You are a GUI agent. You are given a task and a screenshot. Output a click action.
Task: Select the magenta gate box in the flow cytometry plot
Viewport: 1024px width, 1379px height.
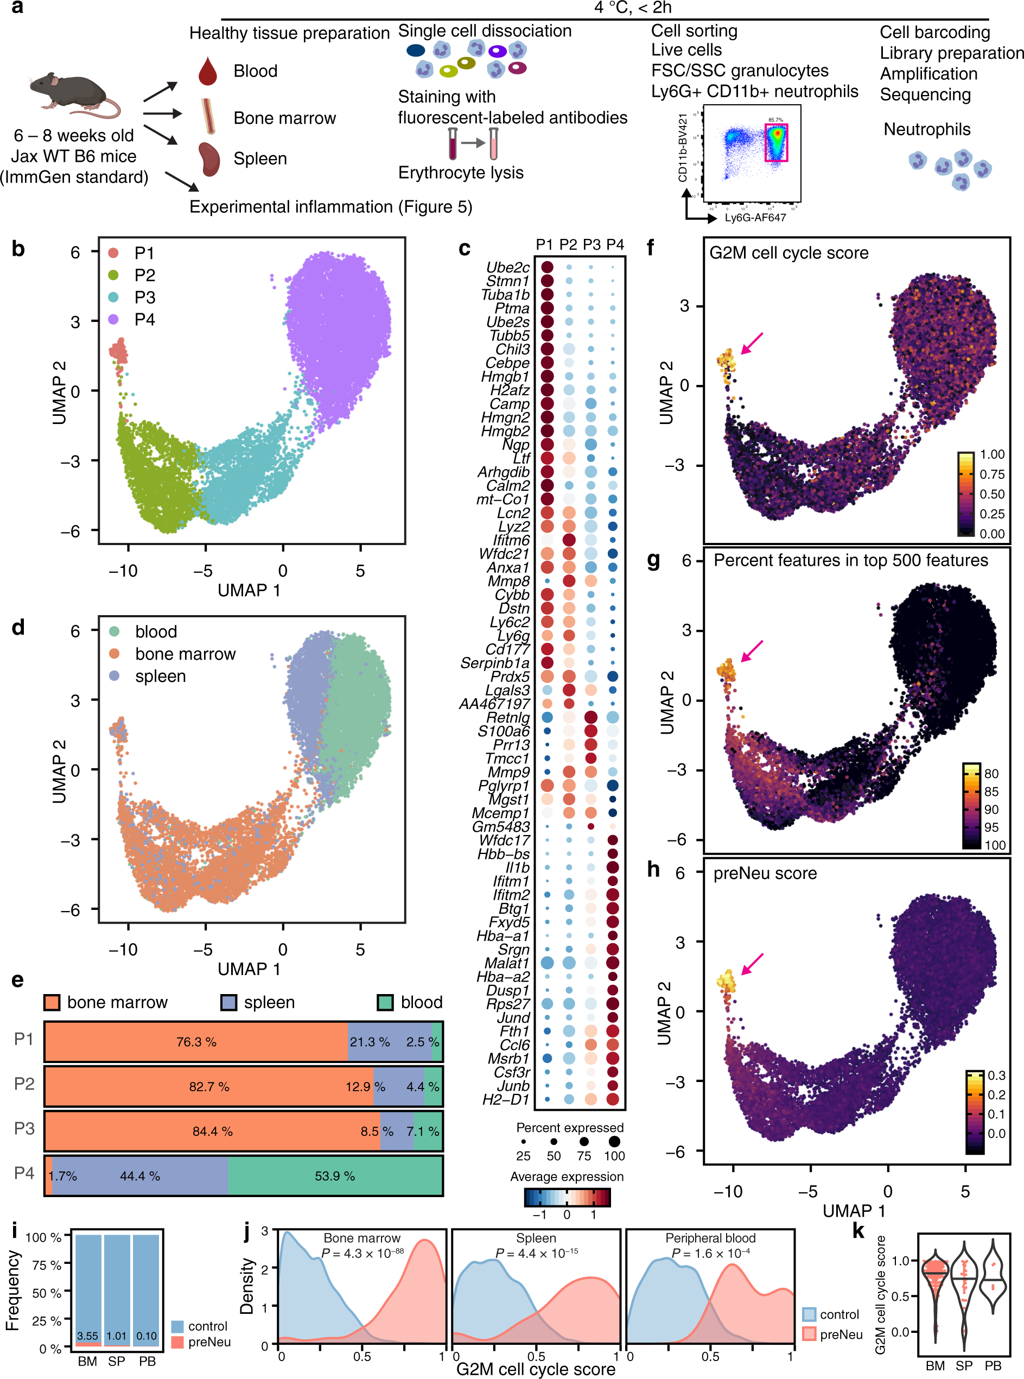point(776,143)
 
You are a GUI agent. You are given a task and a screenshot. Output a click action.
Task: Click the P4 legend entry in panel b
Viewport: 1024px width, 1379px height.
point(144,319)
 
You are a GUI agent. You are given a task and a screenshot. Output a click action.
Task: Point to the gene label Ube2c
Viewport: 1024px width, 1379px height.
point(508,267)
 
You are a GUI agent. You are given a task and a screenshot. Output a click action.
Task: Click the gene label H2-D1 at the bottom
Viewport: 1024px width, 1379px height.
point(506,1099)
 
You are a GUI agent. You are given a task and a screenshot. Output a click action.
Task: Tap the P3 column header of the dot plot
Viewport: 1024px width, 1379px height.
point(591,245)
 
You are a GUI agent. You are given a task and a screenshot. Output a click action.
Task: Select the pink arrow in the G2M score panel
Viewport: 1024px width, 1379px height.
point(752,343)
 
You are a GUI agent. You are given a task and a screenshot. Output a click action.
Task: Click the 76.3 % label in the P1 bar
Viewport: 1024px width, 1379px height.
point(196,1042)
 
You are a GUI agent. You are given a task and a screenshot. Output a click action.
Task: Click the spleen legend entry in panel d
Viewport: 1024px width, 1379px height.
point(160,676)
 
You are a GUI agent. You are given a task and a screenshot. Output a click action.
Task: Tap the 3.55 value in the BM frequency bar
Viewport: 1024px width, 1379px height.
point(87,1336)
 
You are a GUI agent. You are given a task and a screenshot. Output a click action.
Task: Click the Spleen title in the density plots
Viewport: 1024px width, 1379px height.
point(536,1238)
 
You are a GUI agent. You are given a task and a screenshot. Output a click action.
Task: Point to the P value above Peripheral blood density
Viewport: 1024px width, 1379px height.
point(710,1253)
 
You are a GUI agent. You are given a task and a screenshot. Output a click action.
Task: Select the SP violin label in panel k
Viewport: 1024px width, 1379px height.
point(964,1365)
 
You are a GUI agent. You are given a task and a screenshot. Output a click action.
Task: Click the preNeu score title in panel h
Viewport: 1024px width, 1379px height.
point(765,874)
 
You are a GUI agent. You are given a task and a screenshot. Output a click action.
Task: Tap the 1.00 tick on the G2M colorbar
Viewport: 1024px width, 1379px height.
point(992,454)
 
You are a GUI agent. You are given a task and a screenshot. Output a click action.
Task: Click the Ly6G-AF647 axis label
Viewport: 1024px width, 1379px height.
point(755,218)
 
